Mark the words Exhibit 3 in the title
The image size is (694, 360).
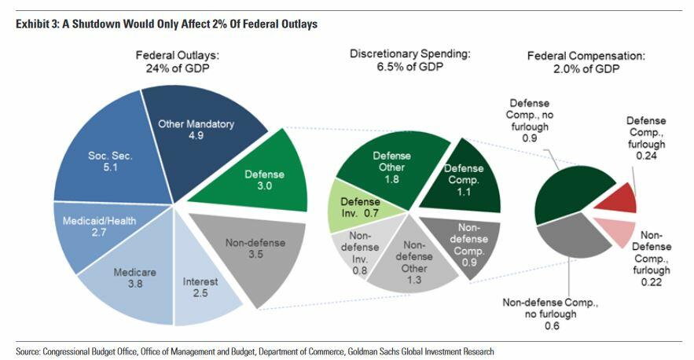point(35,24)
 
